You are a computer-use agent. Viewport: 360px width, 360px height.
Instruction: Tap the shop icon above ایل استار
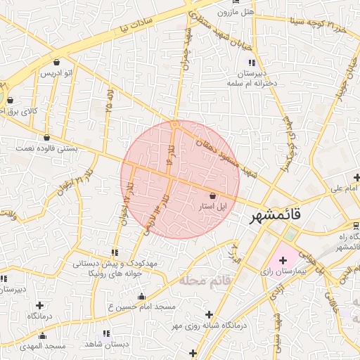(213, 196)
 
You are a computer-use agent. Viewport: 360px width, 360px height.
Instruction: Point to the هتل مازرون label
(235, 13)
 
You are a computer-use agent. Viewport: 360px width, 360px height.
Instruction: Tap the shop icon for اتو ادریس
(56, 62)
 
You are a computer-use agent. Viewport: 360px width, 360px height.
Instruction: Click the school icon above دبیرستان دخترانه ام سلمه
(252, 63)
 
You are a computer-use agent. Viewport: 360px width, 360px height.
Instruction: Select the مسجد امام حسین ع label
(141, 308)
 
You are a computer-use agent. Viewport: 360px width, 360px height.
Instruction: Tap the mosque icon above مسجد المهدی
(42, 335)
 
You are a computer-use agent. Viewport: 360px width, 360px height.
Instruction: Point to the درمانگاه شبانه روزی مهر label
(209, 326)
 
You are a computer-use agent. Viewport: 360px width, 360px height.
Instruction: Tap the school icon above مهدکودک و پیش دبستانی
(114, 252)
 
